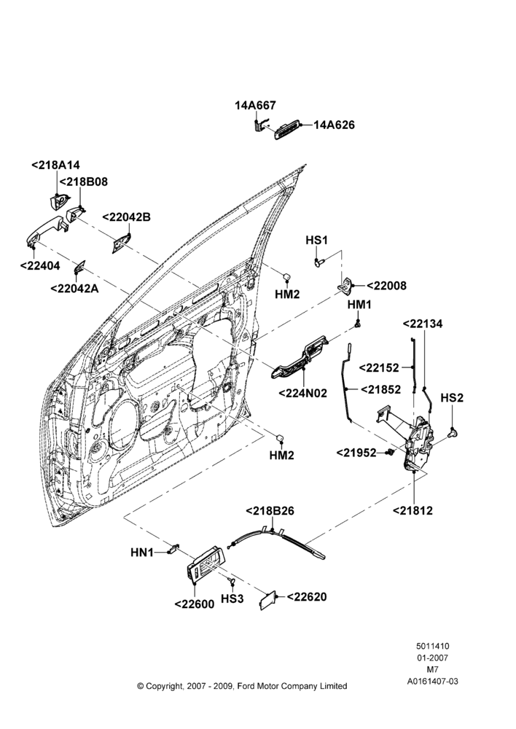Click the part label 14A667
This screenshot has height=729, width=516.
point(255,106)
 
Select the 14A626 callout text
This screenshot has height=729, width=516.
point(334,125)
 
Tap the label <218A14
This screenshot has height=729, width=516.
point(56,165)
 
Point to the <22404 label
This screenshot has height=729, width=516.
point(40,265)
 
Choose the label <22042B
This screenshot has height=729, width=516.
point(126,217)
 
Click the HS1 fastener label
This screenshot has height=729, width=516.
point(316,240)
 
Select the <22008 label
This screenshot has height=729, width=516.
point(386,286)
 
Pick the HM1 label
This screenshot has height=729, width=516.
point(360,305)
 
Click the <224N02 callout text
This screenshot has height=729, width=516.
point(302,393)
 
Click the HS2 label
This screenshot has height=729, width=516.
point(452,398)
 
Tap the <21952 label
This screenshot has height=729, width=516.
point(356,452)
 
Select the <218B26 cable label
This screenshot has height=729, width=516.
point(270,510)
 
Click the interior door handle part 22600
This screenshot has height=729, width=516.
point(205,563)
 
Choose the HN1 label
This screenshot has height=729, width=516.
point(142,553)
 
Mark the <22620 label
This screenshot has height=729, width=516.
point(307,596)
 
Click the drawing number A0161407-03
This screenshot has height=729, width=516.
point(432,682)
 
